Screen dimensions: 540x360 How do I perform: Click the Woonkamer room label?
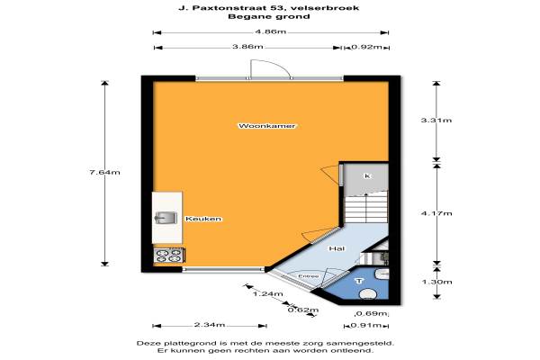(267, 126)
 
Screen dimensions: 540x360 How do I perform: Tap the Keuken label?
(203, 219)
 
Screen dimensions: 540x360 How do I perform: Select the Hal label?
(337, 248)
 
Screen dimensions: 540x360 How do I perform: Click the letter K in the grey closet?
(367, 176)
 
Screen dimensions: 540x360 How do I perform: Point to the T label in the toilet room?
(359, 281)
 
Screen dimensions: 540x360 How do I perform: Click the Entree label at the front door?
(308, 276)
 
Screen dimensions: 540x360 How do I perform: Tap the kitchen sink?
(166, 218)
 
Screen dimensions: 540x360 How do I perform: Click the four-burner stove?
(168, 256)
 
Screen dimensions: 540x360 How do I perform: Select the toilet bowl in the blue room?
(368, 294)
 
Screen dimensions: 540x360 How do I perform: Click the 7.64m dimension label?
(104, 172)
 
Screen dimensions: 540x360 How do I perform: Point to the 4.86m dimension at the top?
(270, 31)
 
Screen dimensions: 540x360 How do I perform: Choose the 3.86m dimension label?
(247, 47)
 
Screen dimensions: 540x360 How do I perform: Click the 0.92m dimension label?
(366, 47)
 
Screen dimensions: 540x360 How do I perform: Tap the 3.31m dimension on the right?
(436, 121)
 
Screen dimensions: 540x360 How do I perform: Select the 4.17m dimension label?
(436, 213)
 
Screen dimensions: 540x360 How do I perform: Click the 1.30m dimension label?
(436, 282)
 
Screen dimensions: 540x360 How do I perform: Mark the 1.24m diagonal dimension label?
(268, 294)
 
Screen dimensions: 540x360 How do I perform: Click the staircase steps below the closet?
(366, 209)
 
